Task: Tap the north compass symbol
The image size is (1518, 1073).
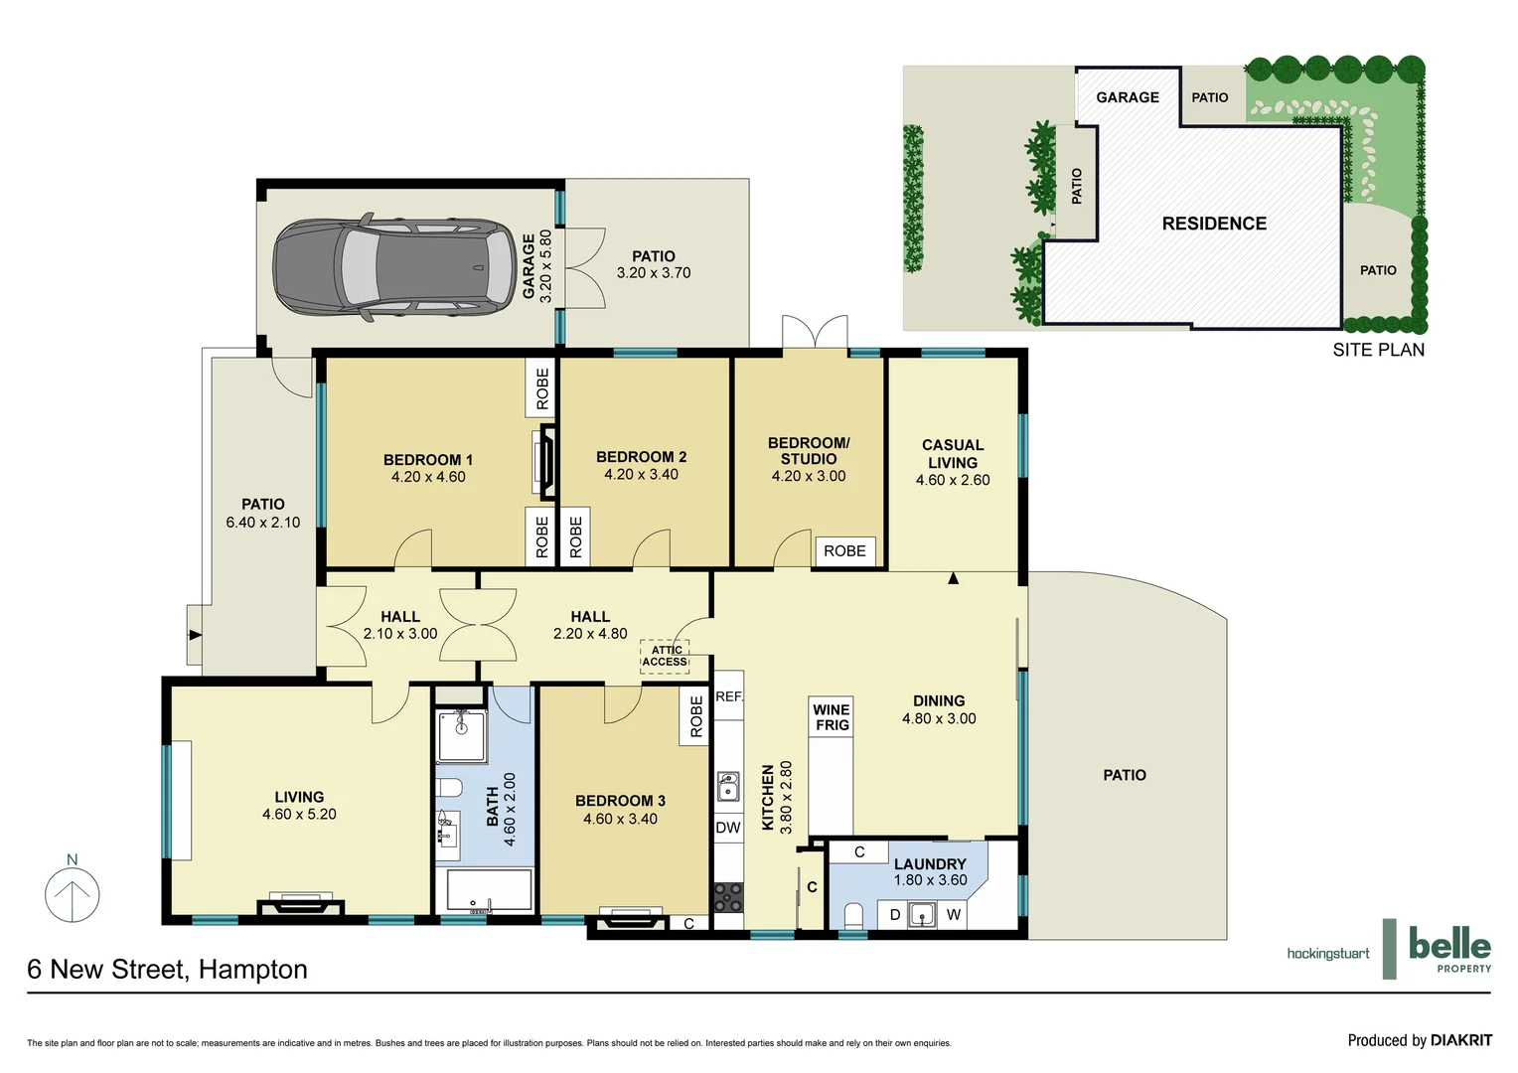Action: (x=73, y=893)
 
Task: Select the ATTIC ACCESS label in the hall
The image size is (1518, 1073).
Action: (x=665, y=656)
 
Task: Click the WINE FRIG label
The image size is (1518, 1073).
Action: (x=832, y=717)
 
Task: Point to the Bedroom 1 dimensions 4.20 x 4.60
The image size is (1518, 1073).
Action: (x=428, y=477)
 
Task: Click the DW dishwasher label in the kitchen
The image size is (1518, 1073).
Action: (x=728, y=828)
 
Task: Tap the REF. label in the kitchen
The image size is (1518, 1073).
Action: (x=729, y=696)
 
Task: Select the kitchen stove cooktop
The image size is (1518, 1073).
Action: (x=728, y=897)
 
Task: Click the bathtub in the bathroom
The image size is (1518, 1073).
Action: (x=488, y=891)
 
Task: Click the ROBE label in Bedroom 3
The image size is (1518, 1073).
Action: (x=696, y=716)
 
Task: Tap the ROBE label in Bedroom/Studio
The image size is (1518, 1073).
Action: (x=844, y=551)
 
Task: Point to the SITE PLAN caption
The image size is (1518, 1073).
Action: (x=1378, y=350)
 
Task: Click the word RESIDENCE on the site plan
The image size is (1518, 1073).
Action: (x=1214, y=225)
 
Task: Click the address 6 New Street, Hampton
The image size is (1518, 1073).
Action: (x=167, y=970)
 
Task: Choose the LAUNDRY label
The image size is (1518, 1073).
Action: (x=930, y=864)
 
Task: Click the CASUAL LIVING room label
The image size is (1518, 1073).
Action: (x=953, y=454)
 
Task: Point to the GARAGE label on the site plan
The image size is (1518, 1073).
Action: (x=1128, y=97)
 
